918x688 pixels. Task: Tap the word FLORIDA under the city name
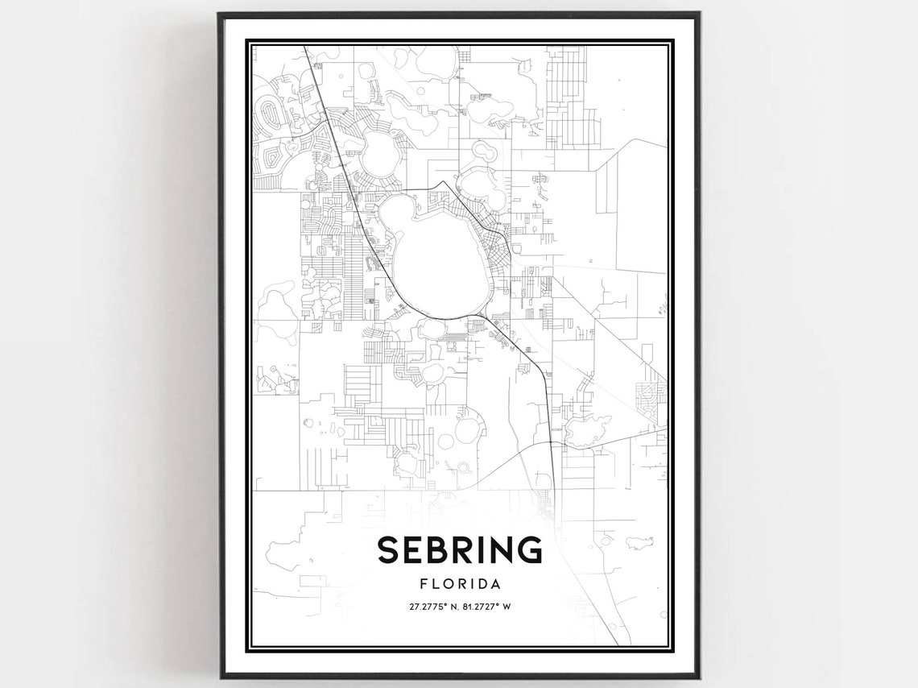click(459, 583)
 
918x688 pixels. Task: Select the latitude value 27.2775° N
click(428, 607)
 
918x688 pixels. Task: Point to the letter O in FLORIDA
click(446, 583)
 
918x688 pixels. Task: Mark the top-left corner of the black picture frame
click(219, 14)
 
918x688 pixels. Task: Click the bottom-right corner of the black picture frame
click(699, 677)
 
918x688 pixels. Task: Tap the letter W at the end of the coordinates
click(507, 607)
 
